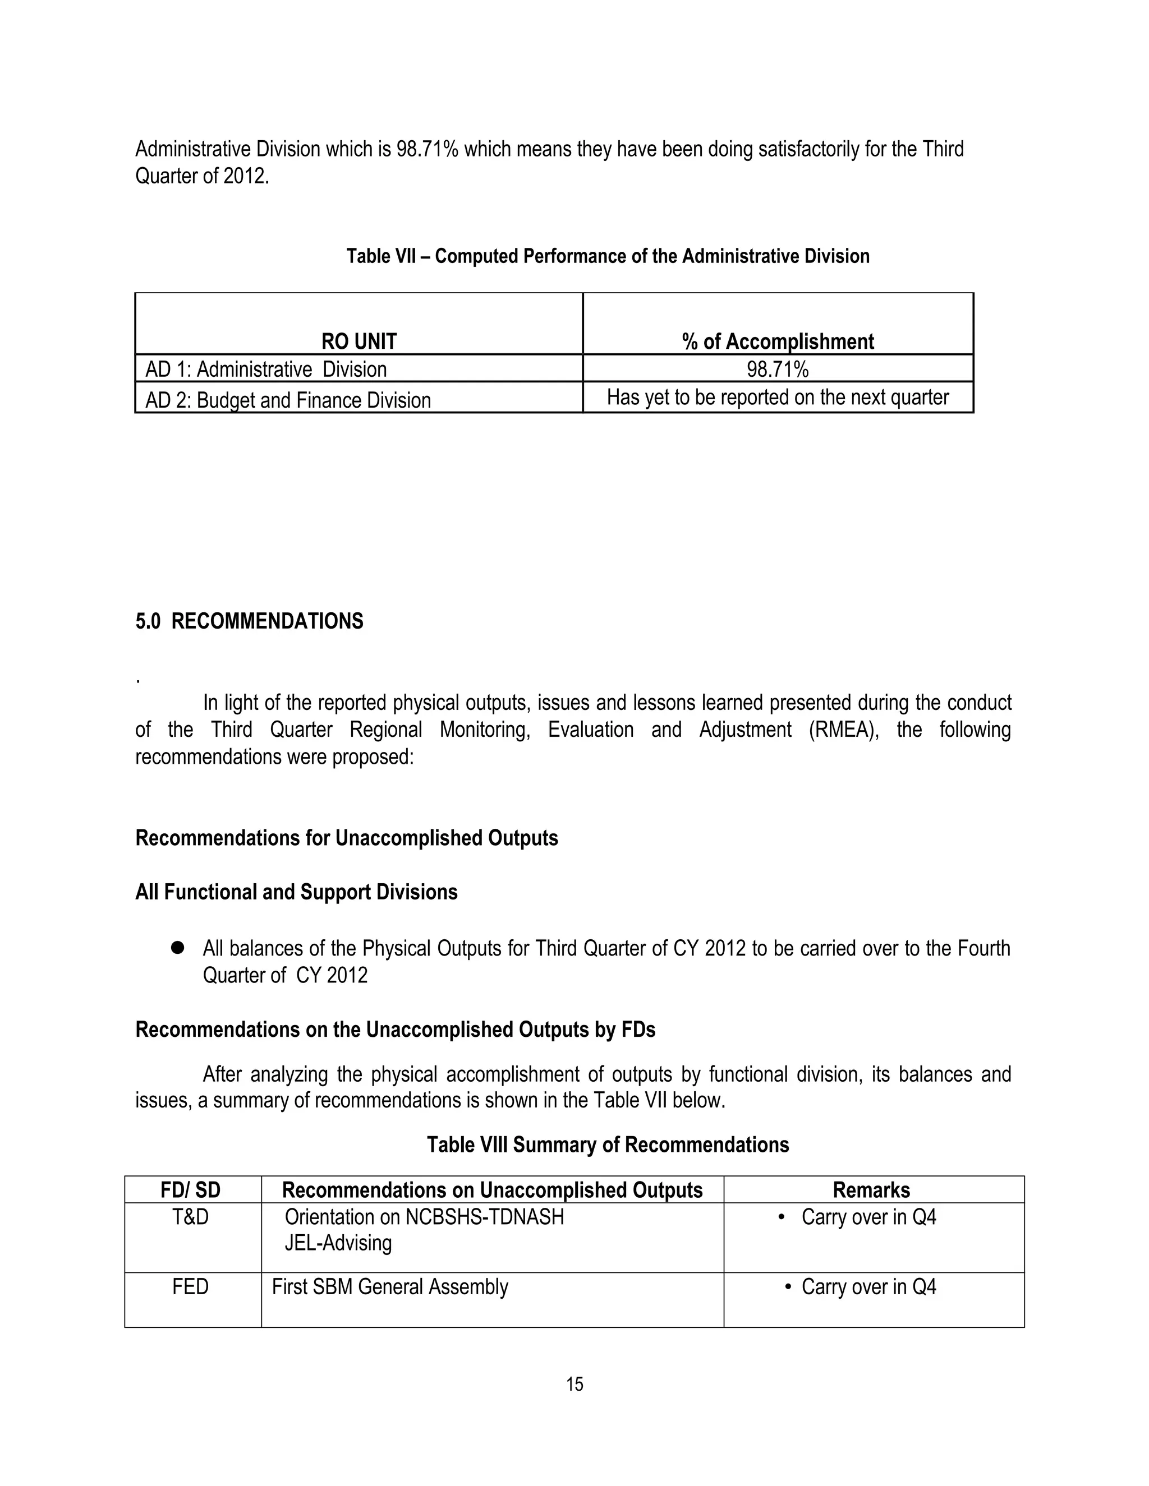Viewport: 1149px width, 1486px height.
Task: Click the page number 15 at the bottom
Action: [x=574, y=1384]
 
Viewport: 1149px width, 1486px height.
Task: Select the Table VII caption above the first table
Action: [x=608, y=256]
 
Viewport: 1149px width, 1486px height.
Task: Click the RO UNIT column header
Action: [x=359, y=341]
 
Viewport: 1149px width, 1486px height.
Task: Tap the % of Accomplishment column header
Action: [x=778, y=341]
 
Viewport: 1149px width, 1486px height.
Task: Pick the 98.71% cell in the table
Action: [x=778, y=370]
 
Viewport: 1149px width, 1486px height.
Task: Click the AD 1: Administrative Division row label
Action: [x=266, y=370]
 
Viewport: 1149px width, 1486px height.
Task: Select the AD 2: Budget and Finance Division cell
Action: [x=288, y=399]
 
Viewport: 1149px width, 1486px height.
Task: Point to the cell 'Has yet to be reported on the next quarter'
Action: [x=778, y=398]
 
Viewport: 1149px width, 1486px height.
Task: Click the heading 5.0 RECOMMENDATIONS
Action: [x=249, y=621]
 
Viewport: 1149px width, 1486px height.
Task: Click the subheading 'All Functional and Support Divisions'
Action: [x=296, y=892]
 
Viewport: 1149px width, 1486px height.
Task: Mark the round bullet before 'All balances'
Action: [x=178, y=948]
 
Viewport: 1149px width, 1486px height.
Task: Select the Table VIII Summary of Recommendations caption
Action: [x=608, y=1145]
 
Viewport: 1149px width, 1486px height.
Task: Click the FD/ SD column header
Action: [x=191, y=1190]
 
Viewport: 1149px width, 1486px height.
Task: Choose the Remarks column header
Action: [x=871, y=1190]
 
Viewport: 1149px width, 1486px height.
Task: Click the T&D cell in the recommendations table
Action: [x=191, y=1217]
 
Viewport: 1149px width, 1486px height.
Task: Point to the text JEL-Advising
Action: [x=338, y=1243]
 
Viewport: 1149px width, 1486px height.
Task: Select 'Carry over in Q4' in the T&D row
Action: [x=868, y=1217]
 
